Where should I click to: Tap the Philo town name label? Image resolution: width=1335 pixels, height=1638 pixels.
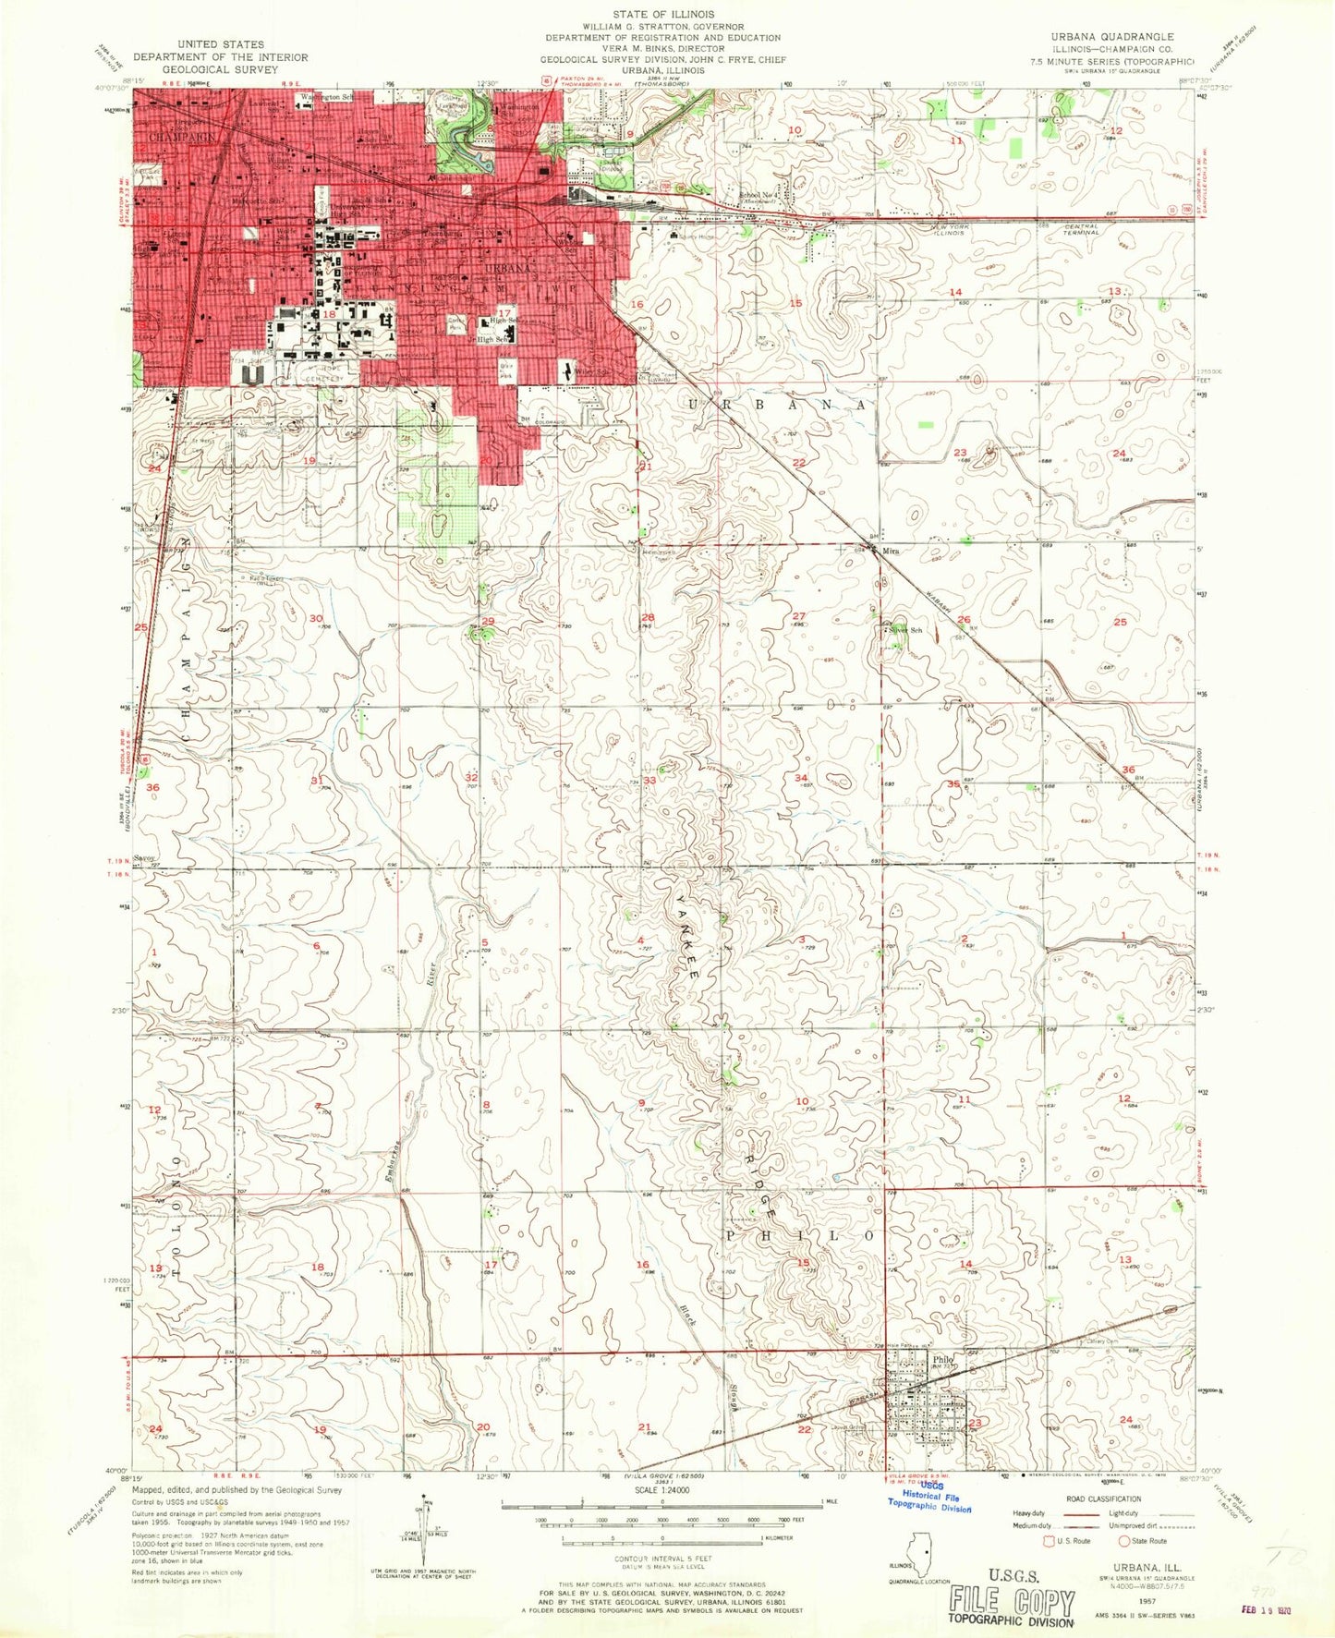(941, 1359)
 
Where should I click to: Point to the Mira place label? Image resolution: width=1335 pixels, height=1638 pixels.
(890, 551)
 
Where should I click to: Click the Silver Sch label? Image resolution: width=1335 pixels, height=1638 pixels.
(906, 631)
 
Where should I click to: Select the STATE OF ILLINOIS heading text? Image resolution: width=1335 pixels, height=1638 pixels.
(662, 15)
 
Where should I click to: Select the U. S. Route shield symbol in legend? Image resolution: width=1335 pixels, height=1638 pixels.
(1048, 1541)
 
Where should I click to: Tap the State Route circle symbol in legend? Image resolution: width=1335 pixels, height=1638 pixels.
(1123, 1541)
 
